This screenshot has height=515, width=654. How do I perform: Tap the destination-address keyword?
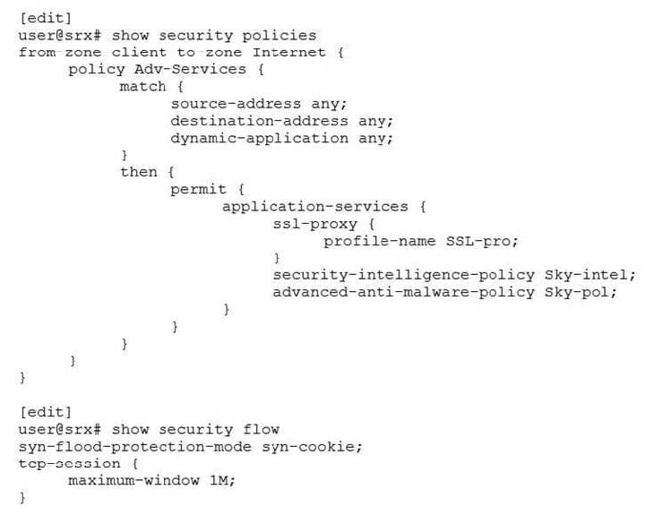(x=259, y=120)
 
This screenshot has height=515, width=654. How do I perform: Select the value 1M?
(x=220, y=480)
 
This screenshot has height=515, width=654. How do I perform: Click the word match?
(x=143, y=86)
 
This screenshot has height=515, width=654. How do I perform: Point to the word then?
(x=139, y=172)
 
